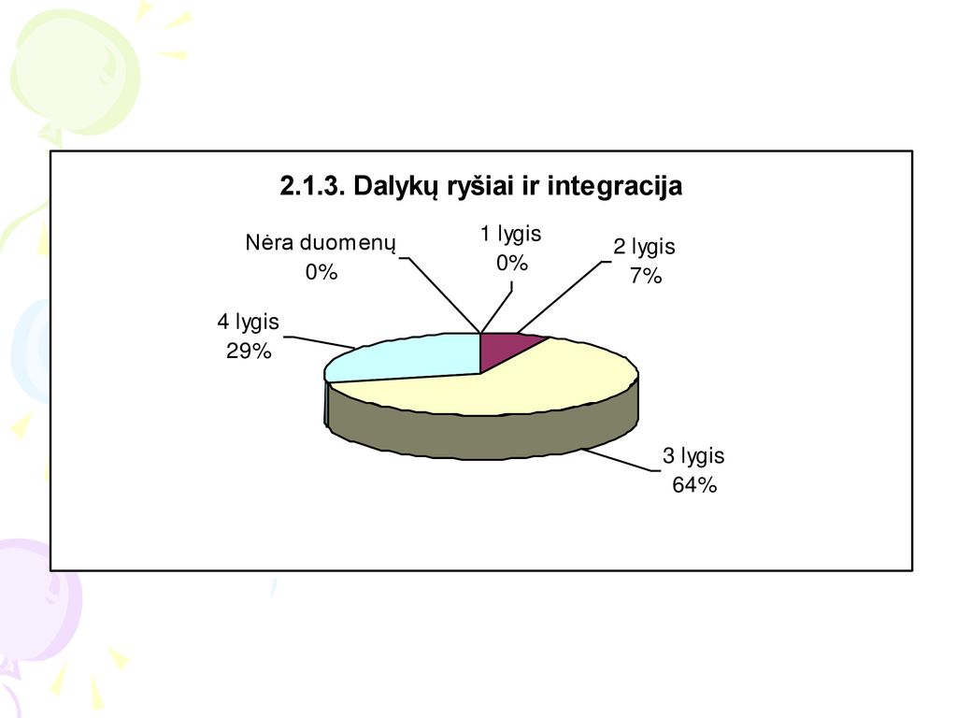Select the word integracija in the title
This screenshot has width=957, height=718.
614,187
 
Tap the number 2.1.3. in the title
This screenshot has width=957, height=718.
312,186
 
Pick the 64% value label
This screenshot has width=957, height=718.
694,485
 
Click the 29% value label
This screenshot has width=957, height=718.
249,352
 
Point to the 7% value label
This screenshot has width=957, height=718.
646,276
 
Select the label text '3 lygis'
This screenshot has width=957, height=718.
693,456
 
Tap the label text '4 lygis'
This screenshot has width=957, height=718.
248,323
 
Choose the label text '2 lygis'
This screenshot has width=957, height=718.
644,247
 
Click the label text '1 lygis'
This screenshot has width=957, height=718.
511,234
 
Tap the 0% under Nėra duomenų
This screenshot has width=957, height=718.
321,272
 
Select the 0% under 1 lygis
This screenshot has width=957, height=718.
511,263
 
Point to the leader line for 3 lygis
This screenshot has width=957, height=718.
621,460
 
